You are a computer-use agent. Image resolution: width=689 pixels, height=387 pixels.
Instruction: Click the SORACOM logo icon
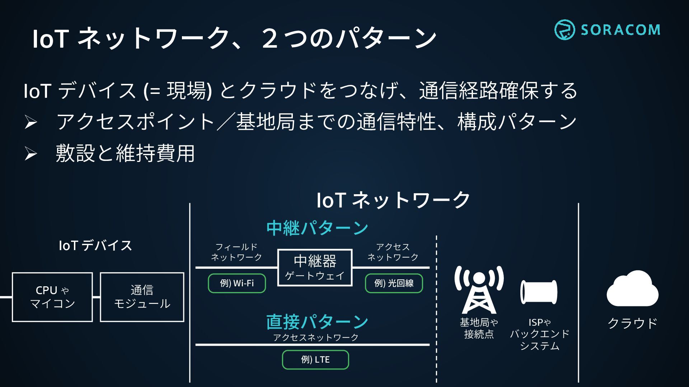point(564,30)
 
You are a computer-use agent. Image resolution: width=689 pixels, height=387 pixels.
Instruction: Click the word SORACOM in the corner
point(620,30)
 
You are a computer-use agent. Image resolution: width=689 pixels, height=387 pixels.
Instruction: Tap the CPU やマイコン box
point(52,297)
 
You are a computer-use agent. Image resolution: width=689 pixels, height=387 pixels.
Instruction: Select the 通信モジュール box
point(142,297)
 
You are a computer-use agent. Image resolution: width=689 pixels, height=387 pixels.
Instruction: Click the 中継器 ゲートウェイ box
point(315,267)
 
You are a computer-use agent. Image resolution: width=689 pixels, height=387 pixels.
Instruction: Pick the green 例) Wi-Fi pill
point(237,283)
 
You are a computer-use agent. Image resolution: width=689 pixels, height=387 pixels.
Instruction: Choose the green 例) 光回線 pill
point(394,283)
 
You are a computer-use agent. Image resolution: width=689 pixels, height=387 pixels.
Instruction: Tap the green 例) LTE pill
point(315,360)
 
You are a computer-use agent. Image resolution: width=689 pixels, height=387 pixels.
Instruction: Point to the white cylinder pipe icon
point(539,292)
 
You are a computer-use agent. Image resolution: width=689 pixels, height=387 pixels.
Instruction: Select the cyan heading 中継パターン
point(317,228)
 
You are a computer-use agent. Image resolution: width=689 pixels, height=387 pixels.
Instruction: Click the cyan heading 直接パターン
point(317,322)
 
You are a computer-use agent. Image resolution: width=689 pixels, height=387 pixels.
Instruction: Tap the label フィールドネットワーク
point(236,252)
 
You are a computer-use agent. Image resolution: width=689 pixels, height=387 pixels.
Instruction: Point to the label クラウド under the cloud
point(632,323)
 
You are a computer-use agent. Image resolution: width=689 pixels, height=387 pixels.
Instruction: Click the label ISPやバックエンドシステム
point(540,334)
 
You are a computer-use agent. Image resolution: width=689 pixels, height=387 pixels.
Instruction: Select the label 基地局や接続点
point(479,328)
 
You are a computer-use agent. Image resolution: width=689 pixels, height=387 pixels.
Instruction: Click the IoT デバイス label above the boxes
point(95,246)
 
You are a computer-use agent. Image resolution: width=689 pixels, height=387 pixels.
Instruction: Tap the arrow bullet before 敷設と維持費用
point(31,154)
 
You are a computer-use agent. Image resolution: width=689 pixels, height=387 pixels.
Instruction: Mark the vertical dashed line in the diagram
point(436,308)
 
